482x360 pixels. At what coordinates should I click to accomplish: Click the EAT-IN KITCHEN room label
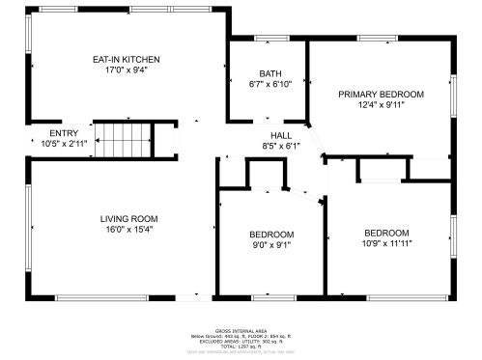pyautogui.click(x=126, y=59)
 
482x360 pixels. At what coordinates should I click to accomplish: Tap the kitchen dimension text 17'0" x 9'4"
pyautogui.click(x=126, y=69)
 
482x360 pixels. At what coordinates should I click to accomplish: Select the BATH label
pyautogui.click(x=269, y=74)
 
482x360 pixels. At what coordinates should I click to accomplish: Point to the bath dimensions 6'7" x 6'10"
pyautogui.click(x=269, y=85)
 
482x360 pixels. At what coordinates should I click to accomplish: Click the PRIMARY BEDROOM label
pyautogui.click(x=381, y=94)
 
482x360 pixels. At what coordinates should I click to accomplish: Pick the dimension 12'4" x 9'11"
pyautogui.click(x=381, y=104)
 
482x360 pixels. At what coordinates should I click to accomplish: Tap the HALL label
pyautogui.click(x=281, y=135)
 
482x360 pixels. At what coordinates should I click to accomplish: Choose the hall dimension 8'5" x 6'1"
pyautogui.click(x=281, y=146)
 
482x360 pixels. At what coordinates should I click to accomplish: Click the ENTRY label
pyautogui.click(x=64, y=133)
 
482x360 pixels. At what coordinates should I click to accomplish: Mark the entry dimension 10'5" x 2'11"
pyautogui.click(x=64, y=144)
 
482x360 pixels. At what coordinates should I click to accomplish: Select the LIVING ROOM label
pyautogui.click(x=128, y=218)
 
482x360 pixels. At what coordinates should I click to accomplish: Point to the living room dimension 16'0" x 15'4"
pyautogui.click(x=128, y=229)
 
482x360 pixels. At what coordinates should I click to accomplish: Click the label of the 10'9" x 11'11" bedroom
pyautogui.click(x=385, y=233)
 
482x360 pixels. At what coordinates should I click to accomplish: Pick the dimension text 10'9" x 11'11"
pyautogui.click(x=385, y=244)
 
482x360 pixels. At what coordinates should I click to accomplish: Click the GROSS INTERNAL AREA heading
pyautogui.click(x=241, y=329)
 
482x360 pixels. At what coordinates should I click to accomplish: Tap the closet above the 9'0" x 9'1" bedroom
pyautogui.click(x=267, y=175)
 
